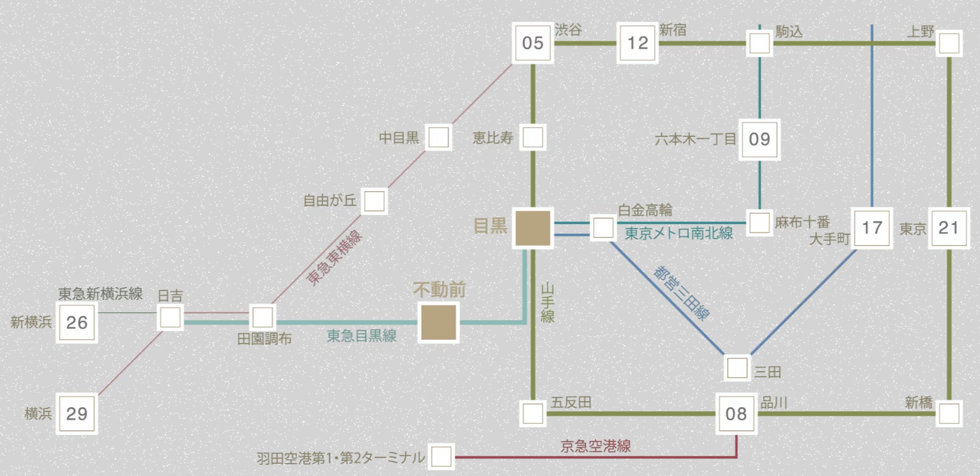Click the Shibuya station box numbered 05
click(x=533, y=43)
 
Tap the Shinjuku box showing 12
click(x=637, y=43)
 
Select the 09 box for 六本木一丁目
click(x=759, y=139)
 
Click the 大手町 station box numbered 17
click(x=871, y=227)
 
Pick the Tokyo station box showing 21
click(x=949, y=227)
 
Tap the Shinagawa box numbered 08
click(x=736, y=414)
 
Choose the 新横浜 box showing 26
click(x=77, y=322)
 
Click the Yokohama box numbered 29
click(x=77, y=414)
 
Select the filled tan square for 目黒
click(x=533, y=228)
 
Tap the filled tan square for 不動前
click(x=439, y=322)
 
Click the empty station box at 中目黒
click(x=439, y=137)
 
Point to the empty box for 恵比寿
click(x=533, y=137)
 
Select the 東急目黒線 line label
click(x=361, y=336)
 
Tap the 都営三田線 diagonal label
click(x=681, y=293)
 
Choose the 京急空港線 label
click(x=595, y=446)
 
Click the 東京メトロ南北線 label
click(x=679, y=233)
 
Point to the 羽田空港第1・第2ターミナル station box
click(x=441, y=456)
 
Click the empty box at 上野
click(x=949, y=43)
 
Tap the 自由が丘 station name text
click(x=329, y=201)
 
